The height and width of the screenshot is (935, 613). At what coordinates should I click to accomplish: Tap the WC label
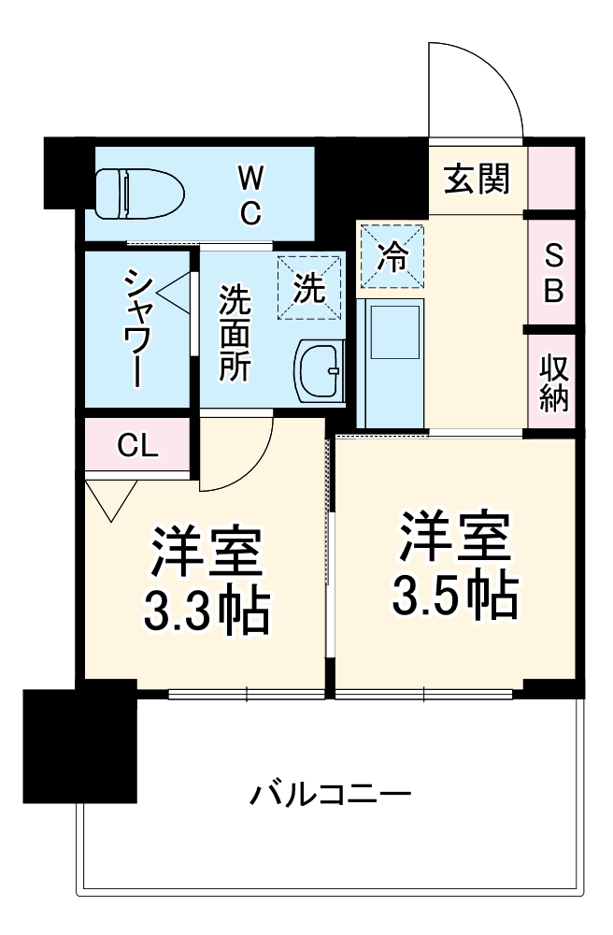249,194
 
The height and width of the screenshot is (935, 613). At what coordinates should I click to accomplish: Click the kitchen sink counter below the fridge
393,360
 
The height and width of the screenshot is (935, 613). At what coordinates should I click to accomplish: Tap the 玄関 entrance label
477,178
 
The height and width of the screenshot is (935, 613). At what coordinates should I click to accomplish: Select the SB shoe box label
553,274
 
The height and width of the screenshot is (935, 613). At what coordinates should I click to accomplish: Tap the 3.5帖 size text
455,592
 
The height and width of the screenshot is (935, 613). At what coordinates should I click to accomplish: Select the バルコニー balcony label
330,797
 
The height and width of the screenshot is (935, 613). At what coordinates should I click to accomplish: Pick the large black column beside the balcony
80,745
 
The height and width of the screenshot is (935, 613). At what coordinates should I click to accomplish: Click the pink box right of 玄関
551,178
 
